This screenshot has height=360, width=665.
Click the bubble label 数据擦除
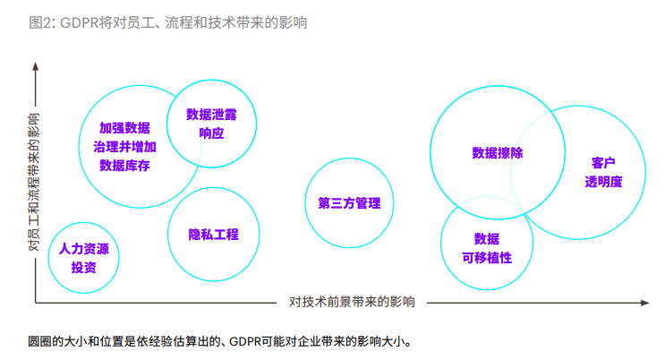[x=498, y=153]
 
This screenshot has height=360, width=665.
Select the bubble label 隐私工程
[x=213, y=235]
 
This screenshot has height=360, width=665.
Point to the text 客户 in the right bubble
[x=603, y=163]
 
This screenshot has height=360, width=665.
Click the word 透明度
[x=603, y=181]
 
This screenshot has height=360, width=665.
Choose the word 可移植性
[x=487, y=257]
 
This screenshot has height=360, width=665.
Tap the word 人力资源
[x=84, y=249]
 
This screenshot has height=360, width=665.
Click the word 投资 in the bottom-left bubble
[x=84, y=267]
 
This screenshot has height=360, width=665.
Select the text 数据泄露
[x=211, y=115]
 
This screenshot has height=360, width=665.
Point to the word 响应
[x=211, y=133]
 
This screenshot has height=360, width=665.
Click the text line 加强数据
[x=124, y=128]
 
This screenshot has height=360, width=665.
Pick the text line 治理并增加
[x=124, y=147]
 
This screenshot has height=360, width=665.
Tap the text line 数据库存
[x=124, y=166]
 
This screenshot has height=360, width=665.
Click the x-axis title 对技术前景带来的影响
[x=352, y=302]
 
